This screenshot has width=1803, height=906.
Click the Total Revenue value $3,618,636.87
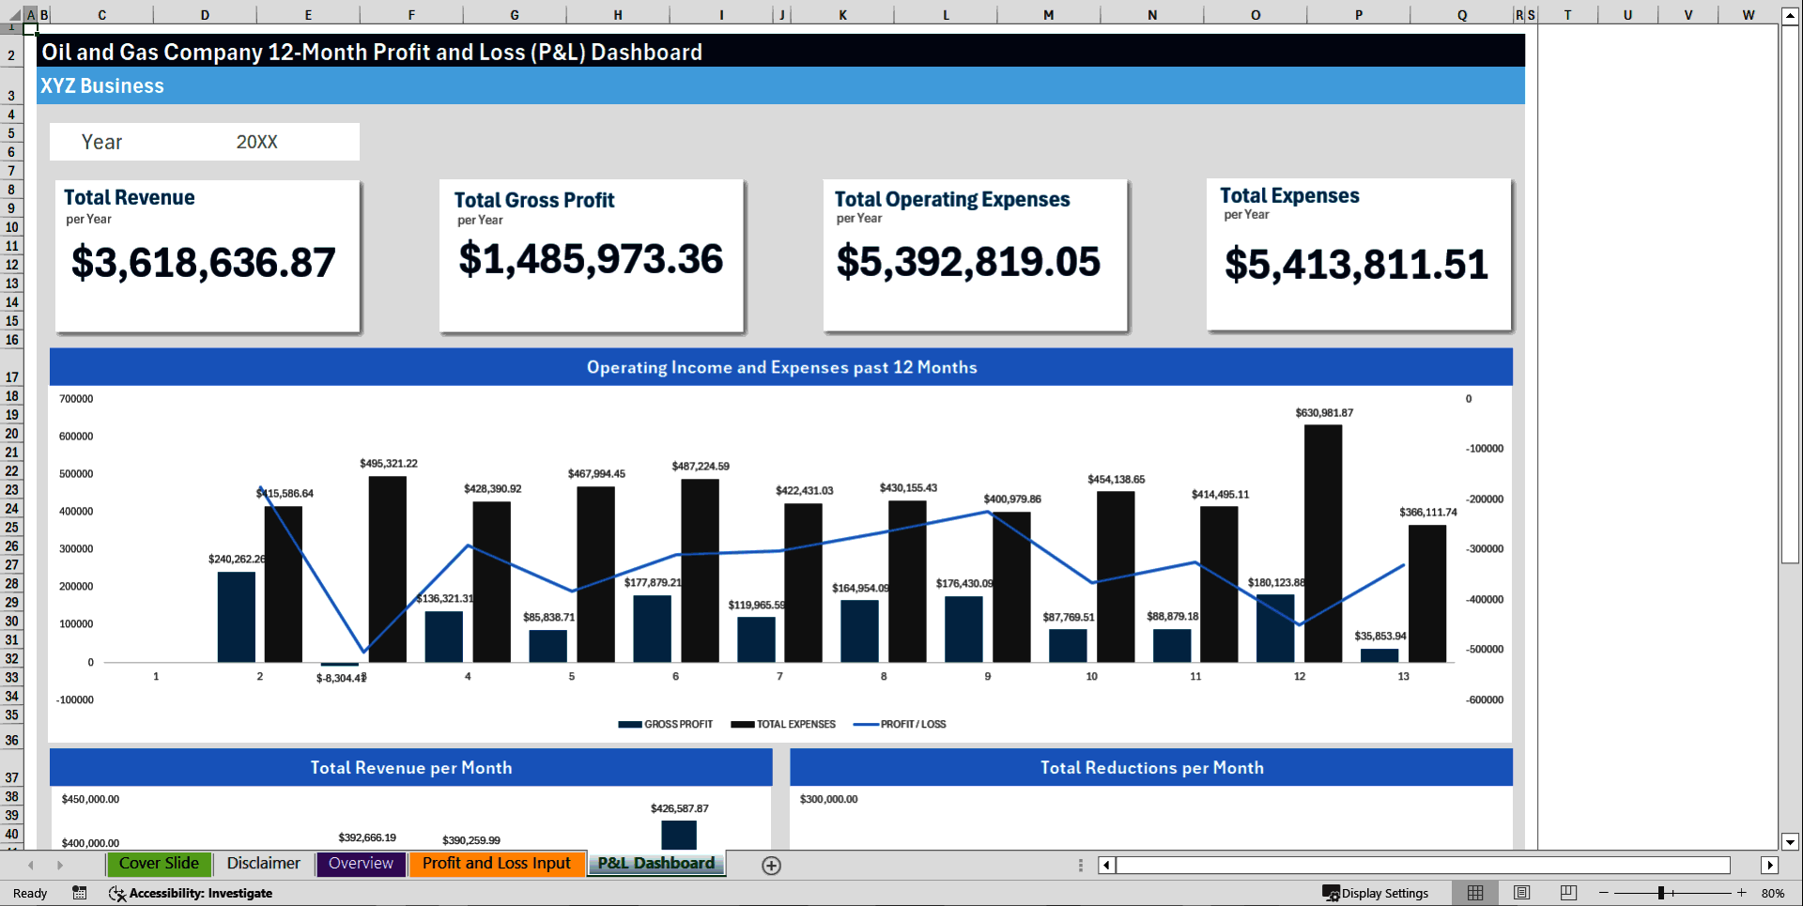[203, 263]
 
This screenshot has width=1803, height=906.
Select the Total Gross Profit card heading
[533, 200]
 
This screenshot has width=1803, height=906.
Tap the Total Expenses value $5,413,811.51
[1355, 265]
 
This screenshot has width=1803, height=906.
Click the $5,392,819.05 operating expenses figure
[967, 262]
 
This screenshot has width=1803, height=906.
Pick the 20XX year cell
[256, 142]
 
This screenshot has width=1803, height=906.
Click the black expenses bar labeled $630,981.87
[1322, 543]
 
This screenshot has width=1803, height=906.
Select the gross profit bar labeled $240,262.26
[236, 617]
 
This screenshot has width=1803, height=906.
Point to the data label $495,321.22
[388, 464]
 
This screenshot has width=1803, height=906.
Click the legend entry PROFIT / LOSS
[912, 725]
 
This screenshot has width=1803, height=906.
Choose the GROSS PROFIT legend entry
[677, 725]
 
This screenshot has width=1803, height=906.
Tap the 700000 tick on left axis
[76, 399]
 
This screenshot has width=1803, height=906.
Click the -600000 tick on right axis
[1484, 700]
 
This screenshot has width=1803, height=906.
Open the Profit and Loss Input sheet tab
[496, 864]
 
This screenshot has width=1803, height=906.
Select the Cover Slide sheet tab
[159, 864]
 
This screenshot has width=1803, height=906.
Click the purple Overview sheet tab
[361, 864]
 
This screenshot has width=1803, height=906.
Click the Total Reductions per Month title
[1151, 768]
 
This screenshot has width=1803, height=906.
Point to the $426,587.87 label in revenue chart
[679, 808]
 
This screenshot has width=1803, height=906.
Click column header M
[1048, 15]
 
